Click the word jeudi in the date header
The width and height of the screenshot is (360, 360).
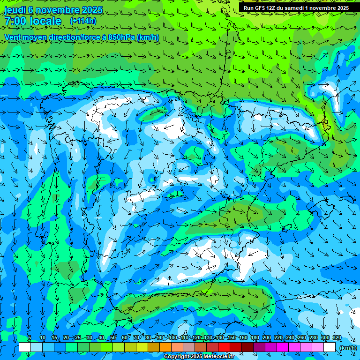(x=15, y=10)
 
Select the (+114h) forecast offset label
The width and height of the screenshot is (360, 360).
(x=83, y=21)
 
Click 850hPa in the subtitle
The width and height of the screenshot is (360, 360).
(x=124, y=37)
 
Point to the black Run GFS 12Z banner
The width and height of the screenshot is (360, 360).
(x=296, y=7)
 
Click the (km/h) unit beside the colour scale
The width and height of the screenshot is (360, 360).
(x=348, y=348)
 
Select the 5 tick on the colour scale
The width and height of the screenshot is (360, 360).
(x=30, y=338)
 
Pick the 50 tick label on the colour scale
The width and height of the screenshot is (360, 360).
(x=112, y=338)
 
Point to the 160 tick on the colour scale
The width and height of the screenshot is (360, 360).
(x=243, y=338)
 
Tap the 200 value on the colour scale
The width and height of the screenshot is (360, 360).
(x=266, y=338)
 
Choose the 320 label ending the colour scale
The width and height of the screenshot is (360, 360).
(x=337, y=338)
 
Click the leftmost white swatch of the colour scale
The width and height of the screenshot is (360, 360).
(x=25, y=347)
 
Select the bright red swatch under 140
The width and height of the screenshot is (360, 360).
(x=224, y=347)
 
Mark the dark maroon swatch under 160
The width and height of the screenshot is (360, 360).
(x=247, y=347)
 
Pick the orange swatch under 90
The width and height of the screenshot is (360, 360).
(x=165, y=347)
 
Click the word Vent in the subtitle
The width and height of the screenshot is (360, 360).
(x=13, y=37)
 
